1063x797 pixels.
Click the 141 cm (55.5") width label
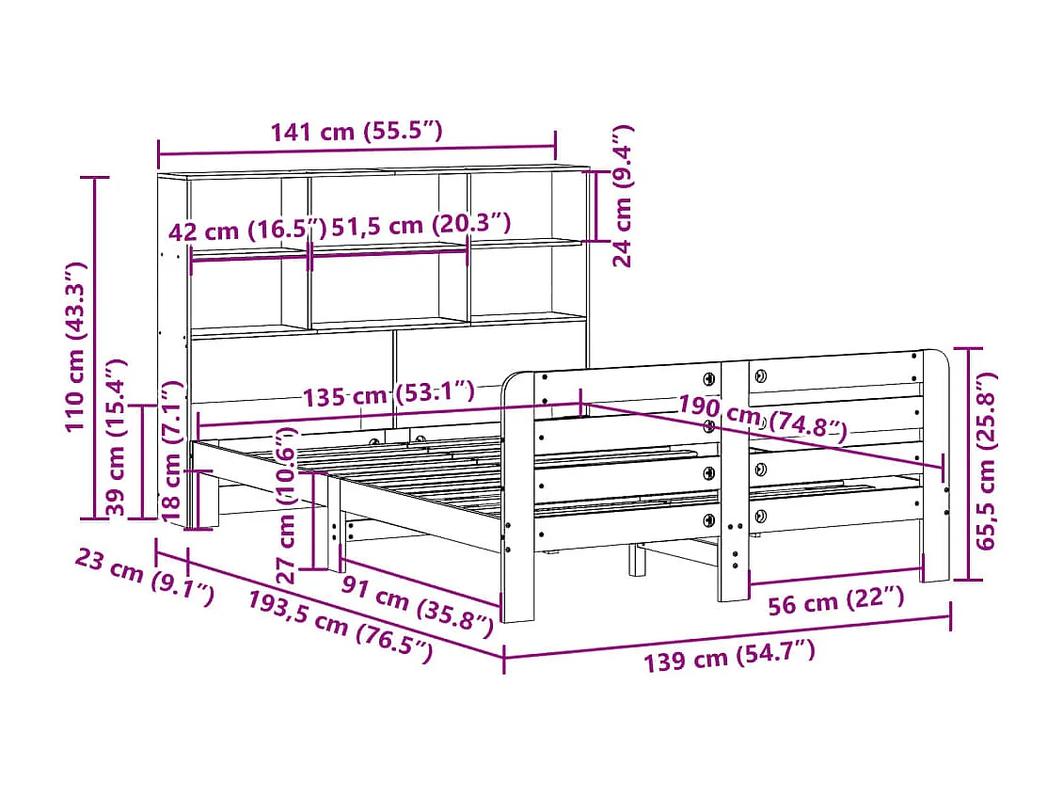pos(357,133)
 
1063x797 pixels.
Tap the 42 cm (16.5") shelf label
pos(247,231)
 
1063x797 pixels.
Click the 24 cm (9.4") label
pos(623,197)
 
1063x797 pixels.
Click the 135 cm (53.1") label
pos(389,394)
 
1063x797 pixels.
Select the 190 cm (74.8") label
pos(762,420)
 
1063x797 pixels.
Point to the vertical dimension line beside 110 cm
pos(95,347)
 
